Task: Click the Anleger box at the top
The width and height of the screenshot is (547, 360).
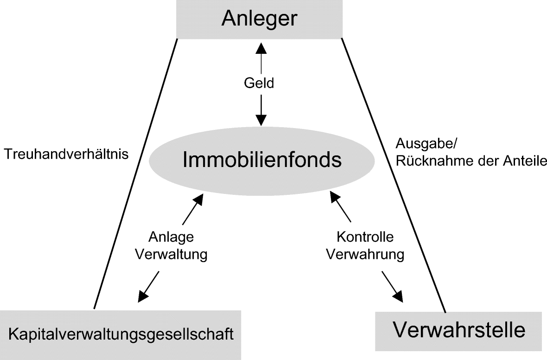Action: pyautogui.click(x=259, y=19)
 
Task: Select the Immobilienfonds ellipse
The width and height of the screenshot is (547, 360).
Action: pyautogui.click(x=262, y=160)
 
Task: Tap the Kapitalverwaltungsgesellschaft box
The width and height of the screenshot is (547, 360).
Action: pyautogui.click(x=121, y=334)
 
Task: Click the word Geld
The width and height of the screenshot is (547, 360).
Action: pyautogui.click(x=259, y=84)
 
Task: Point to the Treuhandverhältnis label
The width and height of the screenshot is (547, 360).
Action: pyautogui.click(x=66, y=154)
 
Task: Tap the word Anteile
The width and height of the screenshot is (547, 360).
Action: pyautogui.click(x=525, y=161)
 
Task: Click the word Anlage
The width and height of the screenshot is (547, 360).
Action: pyautogui.click(x=171, y=237)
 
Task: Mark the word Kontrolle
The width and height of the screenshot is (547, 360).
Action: pyautogui.click(x=365, y=237)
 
